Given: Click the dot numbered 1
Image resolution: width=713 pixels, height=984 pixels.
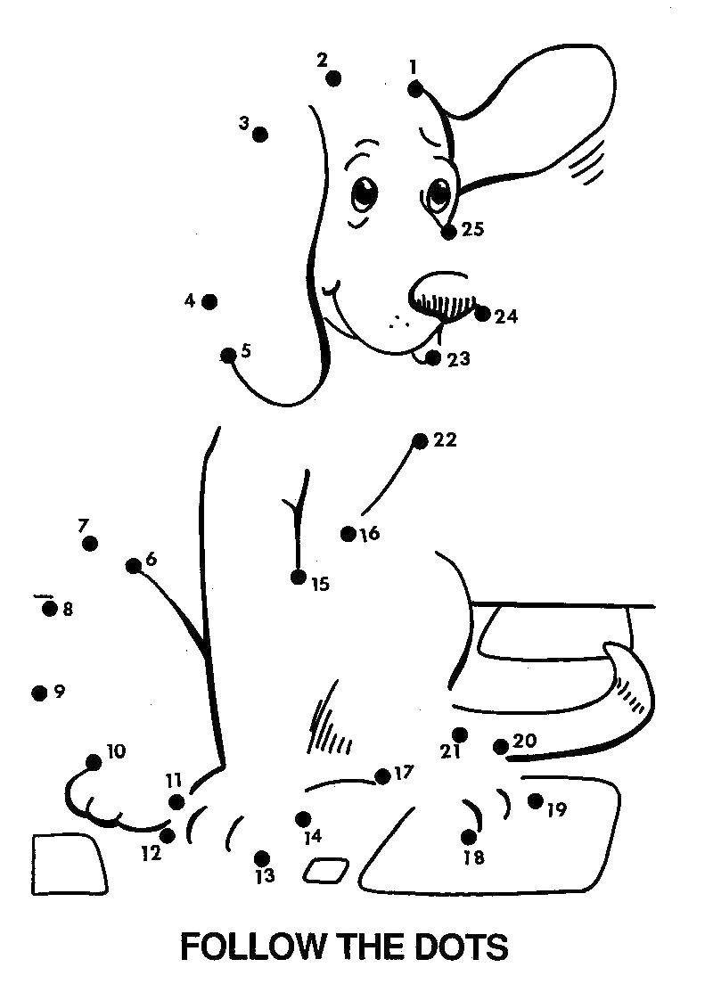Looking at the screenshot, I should pos(415,88).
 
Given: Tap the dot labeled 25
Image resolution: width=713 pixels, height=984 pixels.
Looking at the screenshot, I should pos(448,232).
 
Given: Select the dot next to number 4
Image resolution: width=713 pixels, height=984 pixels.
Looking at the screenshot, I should pos(209,302).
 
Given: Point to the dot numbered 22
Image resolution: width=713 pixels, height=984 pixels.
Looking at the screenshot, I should pos(420,440).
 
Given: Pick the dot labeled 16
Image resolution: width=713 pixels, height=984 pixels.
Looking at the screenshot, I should pos(348,534).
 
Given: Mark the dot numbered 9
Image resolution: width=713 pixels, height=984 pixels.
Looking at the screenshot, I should pos(39,693).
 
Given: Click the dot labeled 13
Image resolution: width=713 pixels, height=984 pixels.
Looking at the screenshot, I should pos(262,858).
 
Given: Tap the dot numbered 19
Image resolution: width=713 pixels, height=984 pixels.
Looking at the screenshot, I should pos(535,800).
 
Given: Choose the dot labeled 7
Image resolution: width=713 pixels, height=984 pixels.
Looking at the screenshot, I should pos(89,544).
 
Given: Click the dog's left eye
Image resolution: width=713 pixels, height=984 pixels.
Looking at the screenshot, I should pos(364,193).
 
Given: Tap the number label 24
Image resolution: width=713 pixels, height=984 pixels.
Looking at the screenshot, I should pos(506,316).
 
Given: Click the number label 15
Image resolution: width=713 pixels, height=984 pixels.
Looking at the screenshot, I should pos(320,585).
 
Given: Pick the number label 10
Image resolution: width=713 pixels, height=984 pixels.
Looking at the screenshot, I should pos(116,751).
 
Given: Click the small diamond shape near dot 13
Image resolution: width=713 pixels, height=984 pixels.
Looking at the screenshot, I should pos(326,870).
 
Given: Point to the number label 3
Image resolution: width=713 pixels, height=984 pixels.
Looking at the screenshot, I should pos(243,124).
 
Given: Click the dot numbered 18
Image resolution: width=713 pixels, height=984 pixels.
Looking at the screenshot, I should pos(469,837).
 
